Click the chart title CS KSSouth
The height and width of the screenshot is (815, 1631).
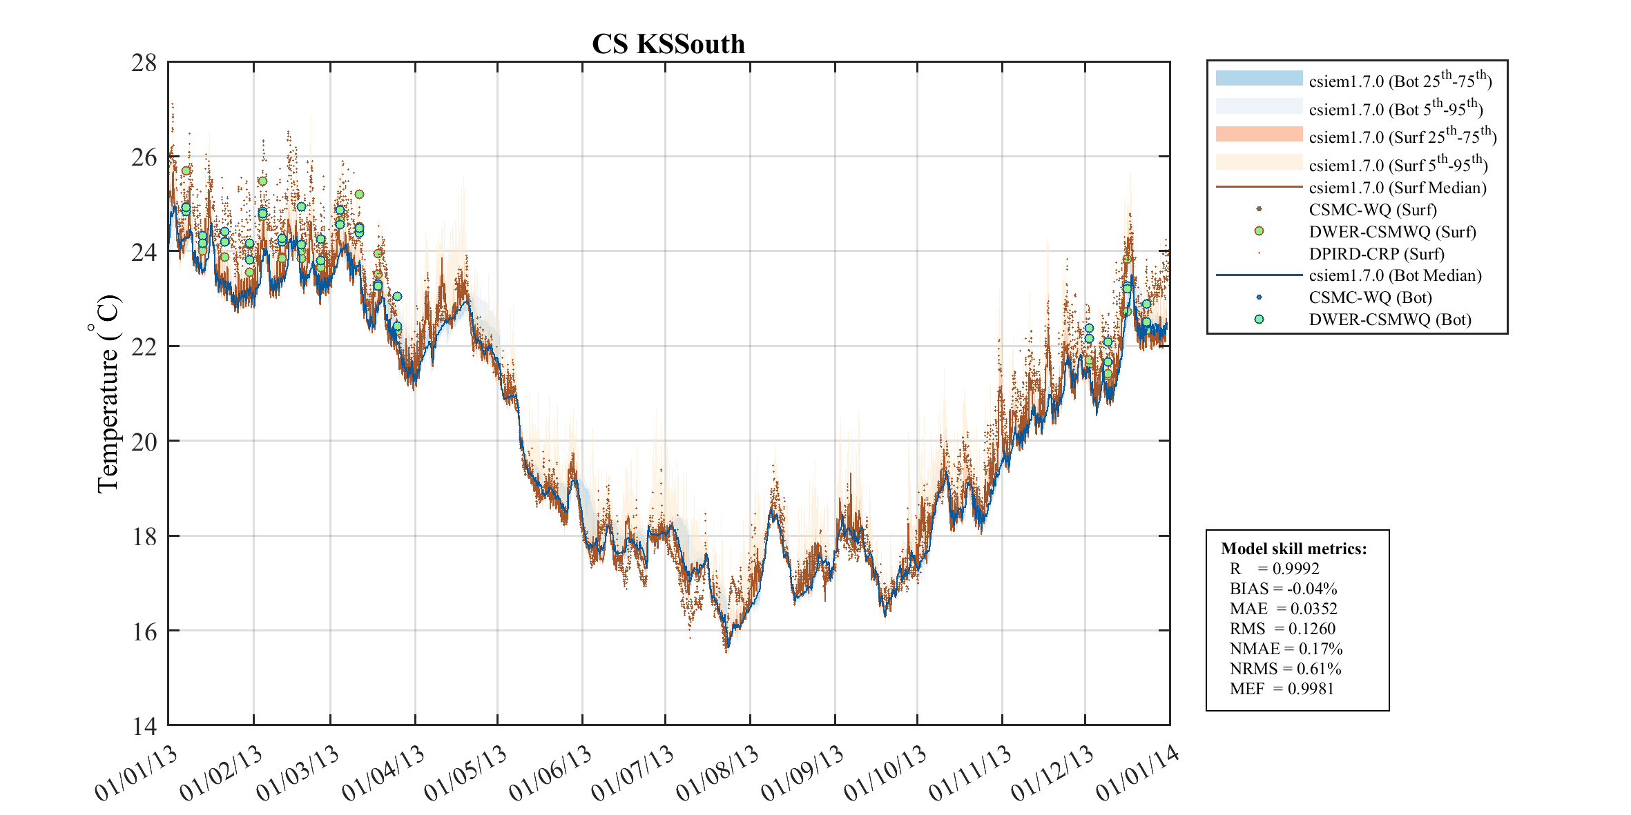[668, 44]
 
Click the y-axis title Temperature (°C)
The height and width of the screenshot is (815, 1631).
[107, 393]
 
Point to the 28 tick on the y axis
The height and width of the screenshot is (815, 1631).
[144, 63]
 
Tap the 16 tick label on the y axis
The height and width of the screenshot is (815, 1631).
[144, 631]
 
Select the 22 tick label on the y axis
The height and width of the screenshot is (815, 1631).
[144, 347]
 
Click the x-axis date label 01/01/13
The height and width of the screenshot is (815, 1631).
[136, 774]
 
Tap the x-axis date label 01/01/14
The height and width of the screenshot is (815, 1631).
[1137, 774]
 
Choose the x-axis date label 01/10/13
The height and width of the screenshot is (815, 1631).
[885, 774]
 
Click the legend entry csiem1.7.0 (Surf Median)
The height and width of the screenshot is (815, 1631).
[1397, 188]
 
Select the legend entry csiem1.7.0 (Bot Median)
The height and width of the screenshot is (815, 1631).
[1395, 275]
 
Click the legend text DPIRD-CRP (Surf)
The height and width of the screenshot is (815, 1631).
[1376, 253]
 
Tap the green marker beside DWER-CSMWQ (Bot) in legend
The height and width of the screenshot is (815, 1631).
[1259, 319]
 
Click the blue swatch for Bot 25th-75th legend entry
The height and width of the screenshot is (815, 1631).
[1259, 78]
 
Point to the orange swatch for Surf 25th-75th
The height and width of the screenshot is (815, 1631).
[1259, 134]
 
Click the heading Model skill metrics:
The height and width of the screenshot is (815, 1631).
[1293, 549]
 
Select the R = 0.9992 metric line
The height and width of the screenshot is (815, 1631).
[1274, 569]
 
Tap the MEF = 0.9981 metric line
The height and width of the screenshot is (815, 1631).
[1282, 689]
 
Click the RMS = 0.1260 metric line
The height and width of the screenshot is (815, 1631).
[1282, 629]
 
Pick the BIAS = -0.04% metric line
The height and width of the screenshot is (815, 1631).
[1283, 589]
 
